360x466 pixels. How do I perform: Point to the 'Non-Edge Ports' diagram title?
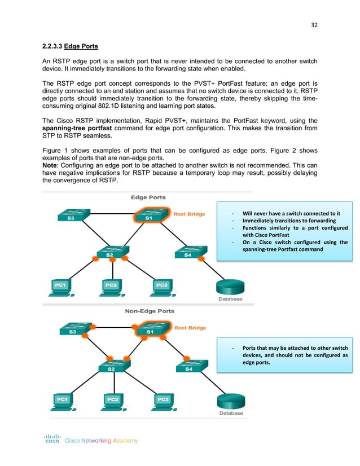click(149, 311)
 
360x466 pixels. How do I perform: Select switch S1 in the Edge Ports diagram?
click(148, 217)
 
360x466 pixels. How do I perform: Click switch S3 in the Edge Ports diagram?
click(72, 217)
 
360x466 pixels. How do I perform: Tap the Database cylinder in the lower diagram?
click(231, 402)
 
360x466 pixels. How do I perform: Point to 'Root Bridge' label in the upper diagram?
click(190, 214)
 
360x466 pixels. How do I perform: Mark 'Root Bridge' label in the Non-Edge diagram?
click(190, 328)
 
